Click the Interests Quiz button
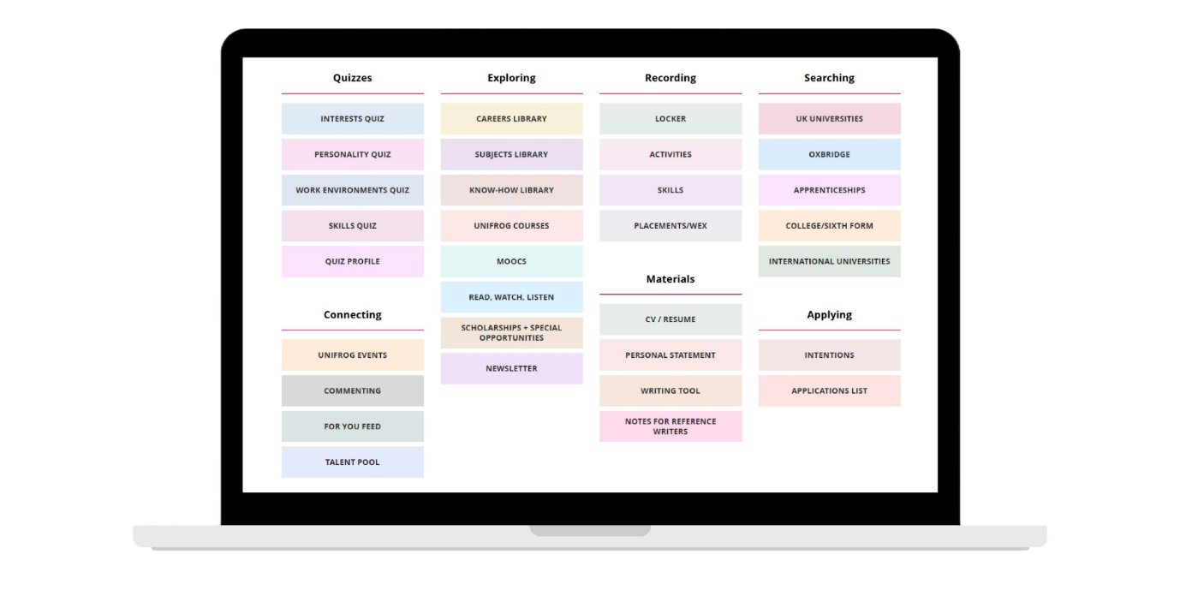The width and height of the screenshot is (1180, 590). [x=352, y=119]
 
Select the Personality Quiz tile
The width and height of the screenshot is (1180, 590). [x=352, y=155]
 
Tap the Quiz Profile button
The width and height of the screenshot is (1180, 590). [x=352, y=261]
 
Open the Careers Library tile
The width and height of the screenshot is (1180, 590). [x=511, y=119]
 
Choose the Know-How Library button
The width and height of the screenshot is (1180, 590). [x=511, y=190]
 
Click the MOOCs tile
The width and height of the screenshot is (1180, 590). [x=511, y=261]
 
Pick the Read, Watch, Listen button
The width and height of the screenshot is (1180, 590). [x=511, y=297]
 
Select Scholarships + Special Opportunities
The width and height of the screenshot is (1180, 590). [x=511, y=333]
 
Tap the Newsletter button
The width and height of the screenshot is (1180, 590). [x=511, y=368]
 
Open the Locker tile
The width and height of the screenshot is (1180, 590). [x=670, y=119]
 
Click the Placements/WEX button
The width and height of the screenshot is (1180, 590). [x=670, y=226]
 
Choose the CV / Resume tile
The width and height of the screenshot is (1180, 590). [x=670, y=319]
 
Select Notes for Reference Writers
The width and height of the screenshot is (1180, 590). [x=670, y=426]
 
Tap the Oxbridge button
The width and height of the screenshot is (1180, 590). [x=829, y=155]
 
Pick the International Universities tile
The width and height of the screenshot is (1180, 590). [x=829, y=261]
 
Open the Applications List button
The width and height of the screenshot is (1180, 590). [x=829, y=390]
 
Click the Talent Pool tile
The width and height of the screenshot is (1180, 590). [x=352, y=462]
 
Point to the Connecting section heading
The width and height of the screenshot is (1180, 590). [x=352, y=315]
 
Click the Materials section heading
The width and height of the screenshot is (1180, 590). [x=670, y=279]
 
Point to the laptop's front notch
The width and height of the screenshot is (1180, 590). [x=590, y=530]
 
